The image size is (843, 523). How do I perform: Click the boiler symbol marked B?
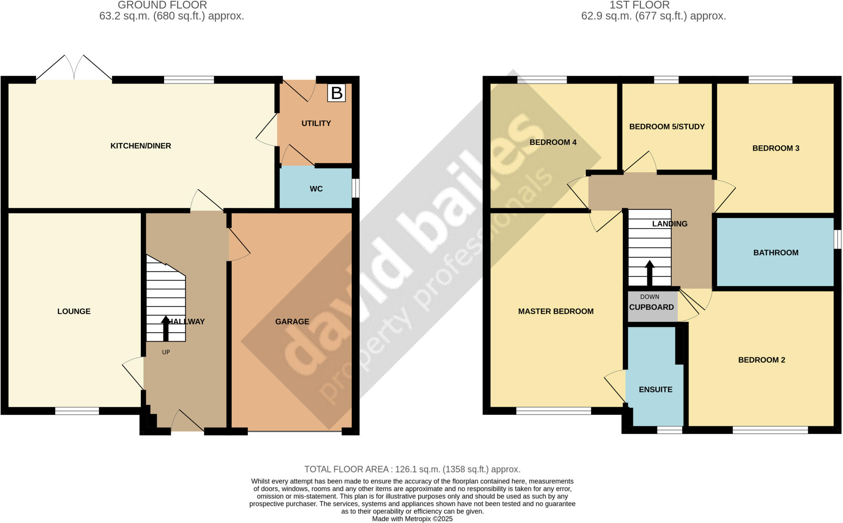[336, 93]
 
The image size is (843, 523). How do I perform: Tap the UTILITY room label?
[316, 123]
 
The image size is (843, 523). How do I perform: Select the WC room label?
[316, 189]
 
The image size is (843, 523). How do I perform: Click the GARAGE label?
[292, 322]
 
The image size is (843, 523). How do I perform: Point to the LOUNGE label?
[74, 311]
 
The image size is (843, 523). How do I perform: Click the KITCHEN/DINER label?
[140, 146]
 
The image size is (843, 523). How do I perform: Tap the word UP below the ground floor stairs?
[166, 352]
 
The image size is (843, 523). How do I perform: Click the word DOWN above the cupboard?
[650, 297]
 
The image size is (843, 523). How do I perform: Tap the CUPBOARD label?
[651, 307]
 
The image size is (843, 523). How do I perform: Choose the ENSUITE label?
[655, 389]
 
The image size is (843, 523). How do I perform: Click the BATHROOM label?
[775, 252]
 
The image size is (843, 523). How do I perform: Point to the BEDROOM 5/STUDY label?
[667, 127]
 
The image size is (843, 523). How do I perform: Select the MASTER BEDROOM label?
[556, 311]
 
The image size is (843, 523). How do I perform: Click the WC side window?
[356, 188]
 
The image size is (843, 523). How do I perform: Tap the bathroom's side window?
[838, 239]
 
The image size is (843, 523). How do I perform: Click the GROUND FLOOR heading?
[162, 5]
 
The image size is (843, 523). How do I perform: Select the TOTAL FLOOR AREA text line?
[412, 469]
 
